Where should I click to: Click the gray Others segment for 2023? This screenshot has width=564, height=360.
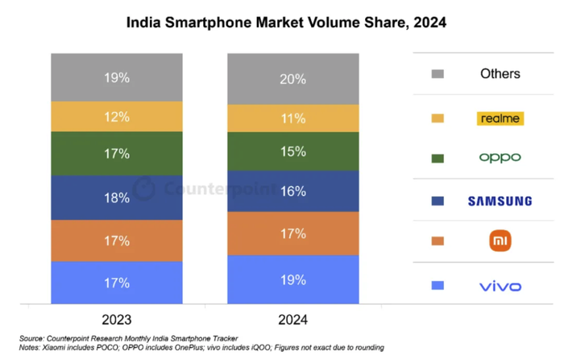(116, 77)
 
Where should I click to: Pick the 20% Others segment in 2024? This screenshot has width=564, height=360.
(292, 79)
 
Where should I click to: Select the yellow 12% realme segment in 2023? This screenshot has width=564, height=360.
(116, 117)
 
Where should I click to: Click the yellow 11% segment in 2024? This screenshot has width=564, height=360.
(292, 118)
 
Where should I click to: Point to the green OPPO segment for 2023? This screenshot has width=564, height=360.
(116, 153)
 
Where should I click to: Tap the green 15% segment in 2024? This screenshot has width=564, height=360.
(292, 151)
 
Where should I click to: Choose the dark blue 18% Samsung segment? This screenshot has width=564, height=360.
(116, 197)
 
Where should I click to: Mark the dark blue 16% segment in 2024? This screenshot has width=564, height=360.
(292, 191)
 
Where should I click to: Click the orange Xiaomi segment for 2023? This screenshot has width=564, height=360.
(116, 240)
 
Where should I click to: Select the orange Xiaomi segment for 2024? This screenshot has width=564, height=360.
(292, 234)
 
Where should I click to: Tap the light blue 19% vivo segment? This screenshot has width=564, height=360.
(292, 279)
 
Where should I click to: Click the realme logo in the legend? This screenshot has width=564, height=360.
(500, 118)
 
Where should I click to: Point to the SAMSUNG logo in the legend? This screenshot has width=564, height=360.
(500, 201)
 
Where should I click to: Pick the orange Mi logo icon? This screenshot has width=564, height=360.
(500, 240)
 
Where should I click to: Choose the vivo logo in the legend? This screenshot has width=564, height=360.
(500, 286)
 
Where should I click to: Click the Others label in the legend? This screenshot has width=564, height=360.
(500, 74)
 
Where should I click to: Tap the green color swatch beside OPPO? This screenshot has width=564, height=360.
(438, 159)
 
